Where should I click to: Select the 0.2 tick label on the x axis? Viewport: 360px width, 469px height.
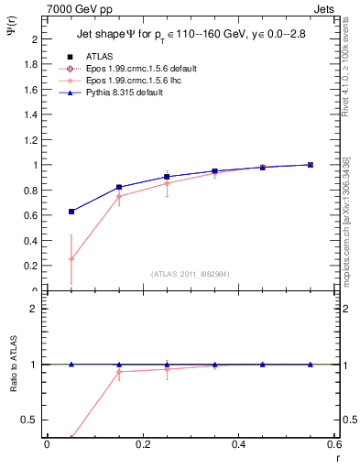coord(142,444)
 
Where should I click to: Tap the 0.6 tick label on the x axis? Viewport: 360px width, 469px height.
coord(334,444)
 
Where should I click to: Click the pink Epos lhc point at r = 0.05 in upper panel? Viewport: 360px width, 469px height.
coord(71,259)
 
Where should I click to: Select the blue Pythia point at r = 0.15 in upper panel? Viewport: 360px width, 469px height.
coord(119,187)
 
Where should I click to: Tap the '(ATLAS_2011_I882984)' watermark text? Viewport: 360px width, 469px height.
coord(191,273)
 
